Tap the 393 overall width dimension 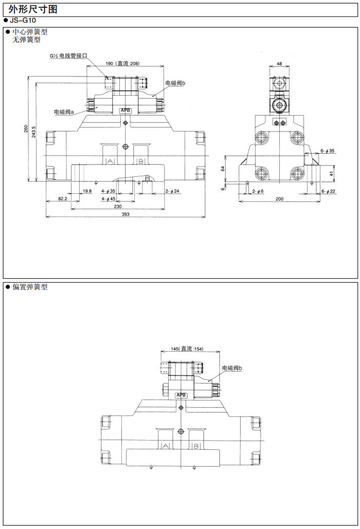(x=125, y=214)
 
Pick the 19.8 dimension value (x=87, y=191)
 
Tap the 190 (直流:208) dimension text (x=123, y=63)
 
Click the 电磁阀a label (x=64, y=111)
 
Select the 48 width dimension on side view (x=279, y=64)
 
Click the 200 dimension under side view (x=279, y=198)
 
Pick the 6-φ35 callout (x=328, y=151)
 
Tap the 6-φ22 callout (x=328, y=191)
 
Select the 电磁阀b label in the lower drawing (x=232, y=368)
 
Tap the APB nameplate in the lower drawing (x=182, y=395)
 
